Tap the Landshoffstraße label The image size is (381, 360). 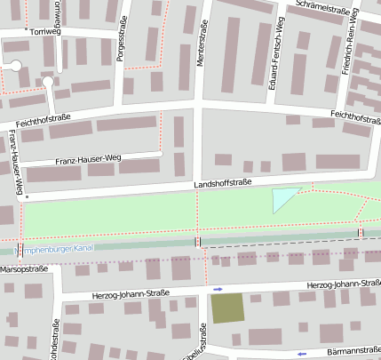tap(223, 183)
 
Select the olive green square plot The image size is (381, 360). tap(227, 308)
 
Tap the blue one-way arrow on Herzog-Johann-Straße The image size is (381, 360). tap(218, 289)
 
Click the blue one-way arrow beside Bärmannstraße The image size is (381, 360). tap(302, 354)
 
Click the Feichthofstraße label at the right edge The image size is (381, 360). tap(354, 116)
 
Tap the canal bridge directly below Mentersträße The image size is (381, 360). tap(197, 241)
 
